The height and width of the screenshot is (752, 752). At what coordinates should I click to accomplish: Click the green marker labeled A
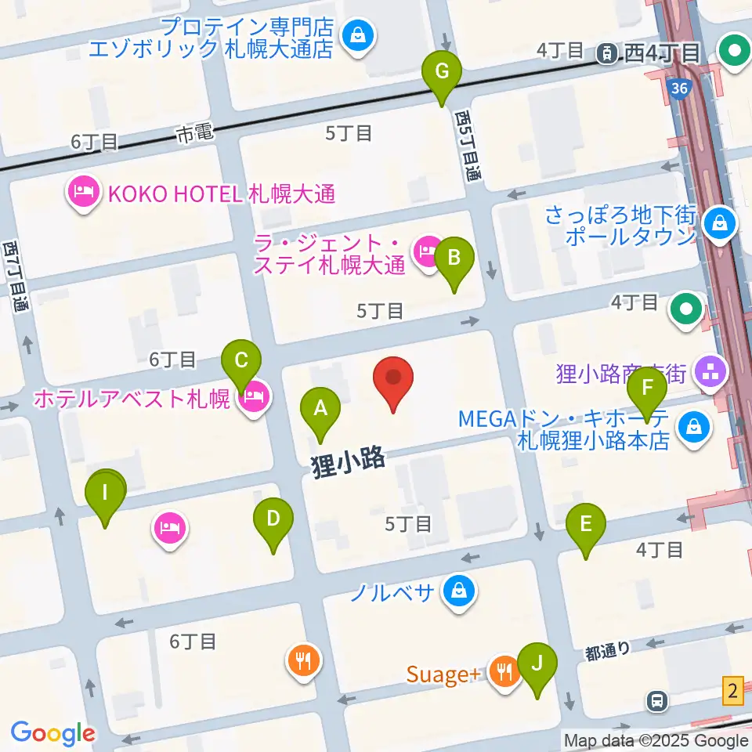[320, 407]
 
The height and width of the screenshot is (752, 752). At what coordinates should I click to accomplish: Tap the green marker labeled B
[454, 257]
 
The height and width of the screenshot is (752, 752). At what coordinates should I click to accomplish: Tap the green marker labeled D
[273, 518]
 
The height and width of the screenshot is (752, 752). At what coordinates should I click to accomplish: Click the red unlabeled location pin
[393, 378]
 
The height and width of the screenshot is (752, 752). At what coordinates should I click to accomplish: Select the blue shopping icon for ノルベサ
[458, 591]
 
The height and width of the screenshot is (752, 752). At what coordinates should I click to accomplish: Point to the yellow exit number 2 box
[733, 691]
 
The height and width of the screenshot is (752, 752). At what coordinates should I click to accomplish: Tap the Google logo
[52, 733]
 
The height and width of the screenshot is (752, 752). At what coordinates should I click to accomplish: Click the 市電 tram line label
[194, 135]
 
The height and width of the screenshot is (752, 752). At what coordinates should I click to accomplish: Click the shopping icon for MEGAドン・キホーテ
[695, 428]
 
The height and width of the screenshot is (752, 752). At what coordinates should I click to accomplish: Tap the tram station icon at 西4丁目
[606, 52]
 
